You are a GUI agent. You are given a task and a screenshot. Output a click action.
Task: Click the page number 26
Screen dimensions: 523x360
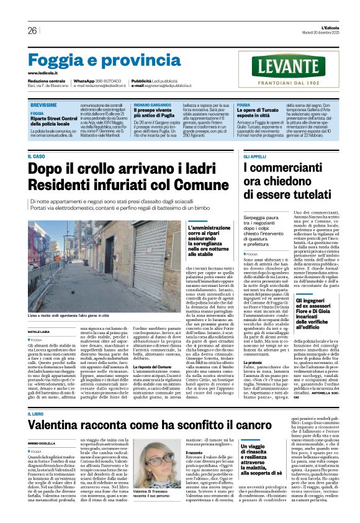[32, 30]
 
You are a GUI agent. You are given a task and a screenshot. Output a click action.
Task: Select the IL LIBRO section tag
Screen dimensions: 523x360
[37, 396]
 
